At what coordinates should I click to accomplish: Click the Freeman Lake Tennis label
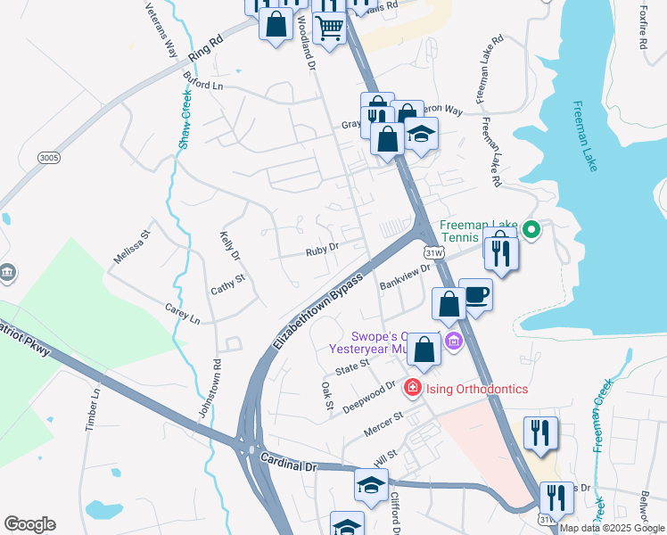coord(479,227)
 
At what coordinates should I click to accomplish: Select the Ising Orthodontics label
coord(476,389)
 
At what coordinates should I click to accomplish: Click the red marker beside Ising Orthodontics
coord(412,388)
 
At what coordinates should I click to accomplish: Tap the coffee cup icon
coord(475,293)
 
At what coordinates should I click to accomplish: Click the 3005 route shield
coord(50,157)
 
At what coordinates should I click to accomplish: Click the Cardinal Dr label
coord(289,460)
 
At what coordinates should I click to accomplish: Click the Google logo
coord(30,524)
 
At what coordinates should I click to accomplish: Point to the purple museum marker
coord(454,340)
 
